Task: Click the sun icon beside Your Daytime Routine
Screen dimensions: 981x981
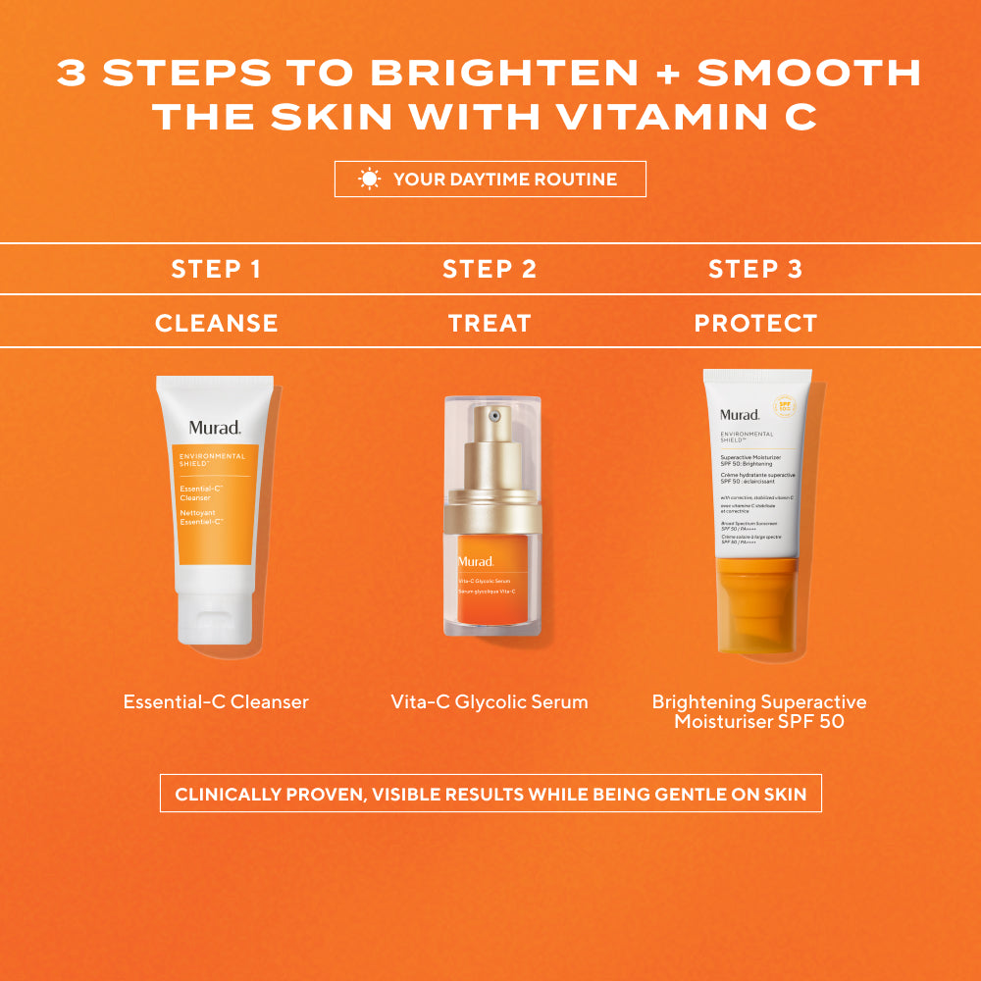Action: tap(369, 179)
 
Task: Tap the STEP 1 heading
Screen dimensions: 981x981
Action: tap(216, 270)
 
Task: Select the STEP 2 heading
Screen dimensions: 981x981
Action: tap(490, 270)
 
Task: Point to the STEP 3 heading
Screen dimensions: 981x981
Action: tap(755, 270)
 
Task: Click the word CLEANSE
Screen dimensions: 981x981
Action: tap(216, 323)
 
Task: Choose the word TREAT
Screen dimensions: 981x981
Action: tap(490, 323)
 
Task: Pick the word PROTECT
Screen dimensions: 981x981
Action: tap(755, 323)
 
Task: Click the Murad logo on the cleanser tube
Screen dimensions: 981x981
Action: tap(215, 428)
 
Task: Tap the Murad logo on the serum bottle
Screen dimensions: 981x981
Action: tap(475, 561)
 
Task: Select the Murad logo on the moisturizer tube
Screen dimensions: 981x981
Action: tap(740, 414)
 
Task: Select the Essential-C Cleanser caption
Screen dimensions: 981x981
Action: tap(216, 702)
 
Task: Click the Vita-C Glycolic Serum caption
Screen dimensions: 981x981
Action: tap(490, 702)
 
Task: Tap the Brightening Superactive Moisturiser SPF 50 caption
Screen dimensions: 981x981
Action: tap(758, 712)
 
